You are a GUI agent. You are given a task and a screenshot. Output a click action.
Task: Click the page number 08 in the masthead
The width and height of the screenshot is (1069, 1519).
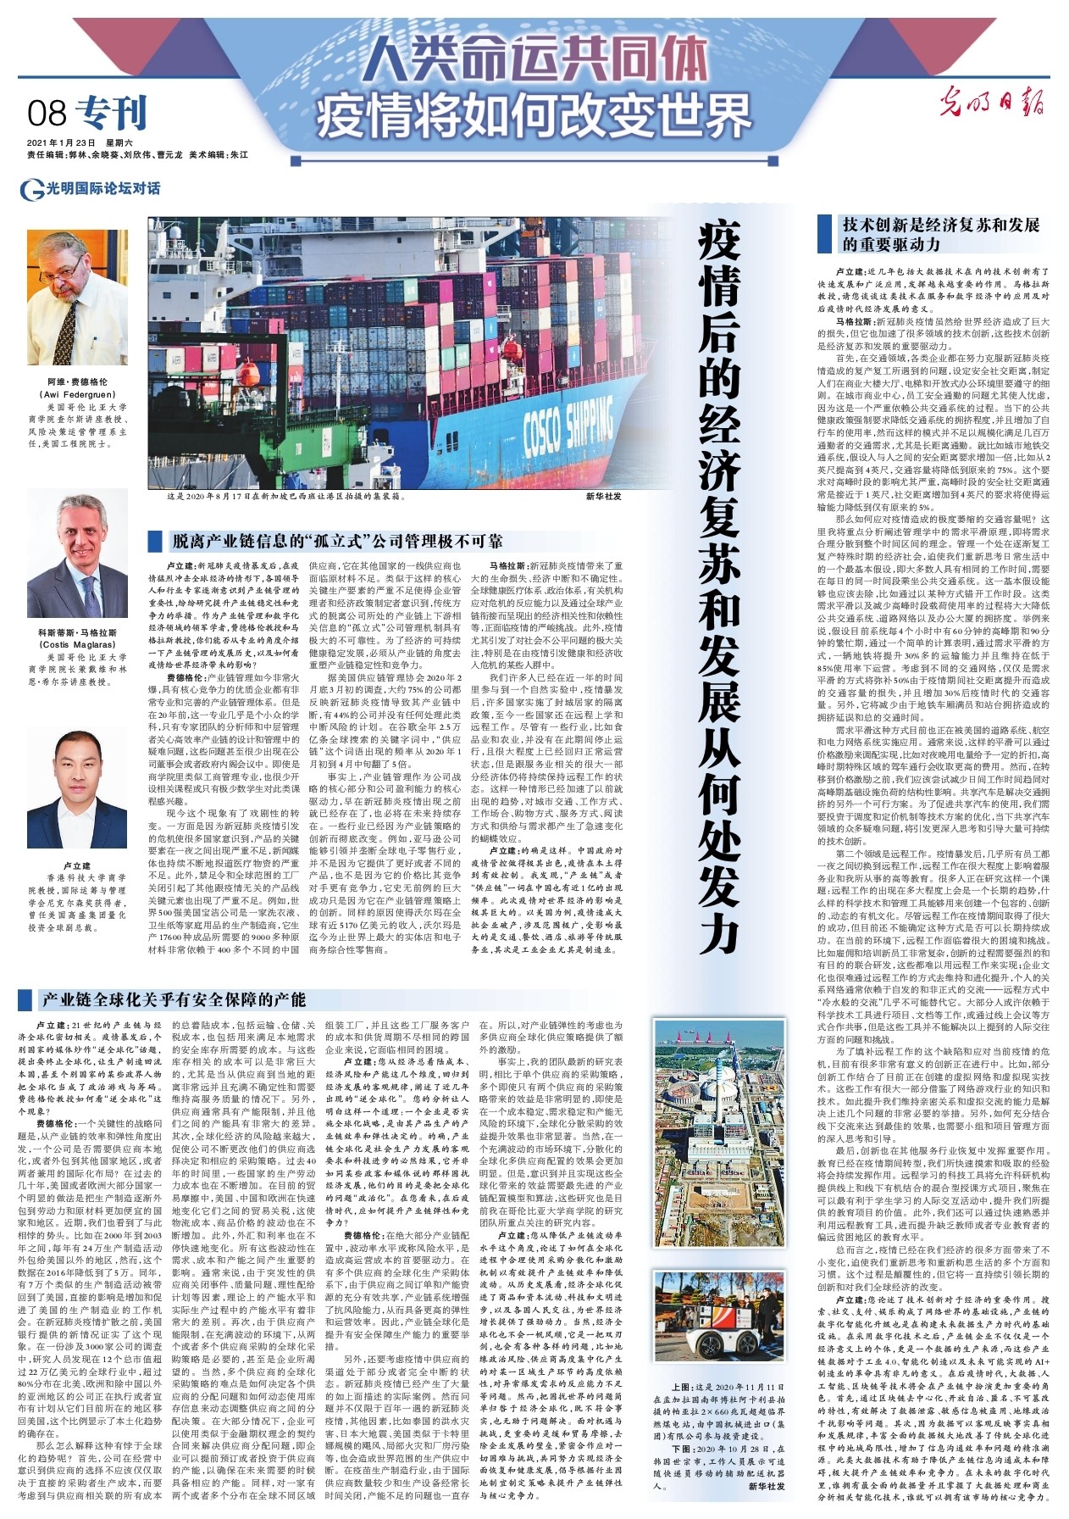click(x=46, y=114)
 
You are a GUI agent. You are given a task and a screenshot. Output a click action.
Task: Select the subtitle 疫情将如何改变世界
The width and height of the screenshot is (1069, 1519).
click(x=534, y=115)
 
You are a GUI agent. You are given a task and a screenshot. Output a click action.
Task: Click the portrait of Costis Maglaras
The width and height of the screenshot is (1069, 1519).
click(x=77, y=556)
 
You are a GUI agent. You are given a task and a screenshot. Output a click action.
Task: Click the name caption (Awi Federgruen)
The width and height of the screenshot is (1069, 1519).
click(x=77, y=394)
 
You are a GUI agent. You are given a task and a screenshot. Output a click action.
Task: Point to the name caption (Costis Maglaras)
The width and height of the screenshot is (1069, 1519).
click(x=77, y=644)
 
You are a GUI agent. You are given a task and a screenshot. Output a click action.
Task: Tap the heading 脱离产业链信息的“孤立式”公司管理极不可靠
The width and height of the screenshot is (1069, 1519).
click(x=336, y=541)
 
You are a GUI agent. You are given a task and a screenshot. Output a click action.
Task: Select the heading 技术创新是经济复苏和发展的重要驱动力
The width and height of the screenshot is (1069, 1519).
click(x=940, y=235)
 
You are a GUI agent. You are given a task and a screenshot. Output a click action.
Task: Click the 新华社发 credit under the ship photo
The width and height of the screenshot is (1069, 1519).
click(x=603, y=496)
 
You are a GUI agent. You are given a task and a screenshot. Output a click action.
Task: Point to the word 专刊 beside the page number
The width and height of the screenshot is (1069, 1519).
click(x=111, y=114)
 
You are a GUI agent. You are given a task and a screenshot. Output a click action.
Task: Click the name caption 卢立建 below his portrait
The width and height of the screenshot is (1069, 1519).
click(x=77, y=866)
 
